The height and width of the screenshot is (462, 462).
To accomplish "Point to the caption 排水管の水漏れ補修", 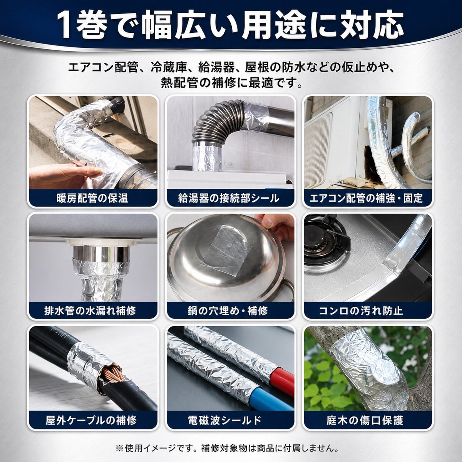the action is pyautogui.click(x=92, y=311).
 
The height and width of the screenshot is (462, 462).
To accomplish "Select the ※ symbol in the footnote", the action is pyautogui.click(x=119, y=448).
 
